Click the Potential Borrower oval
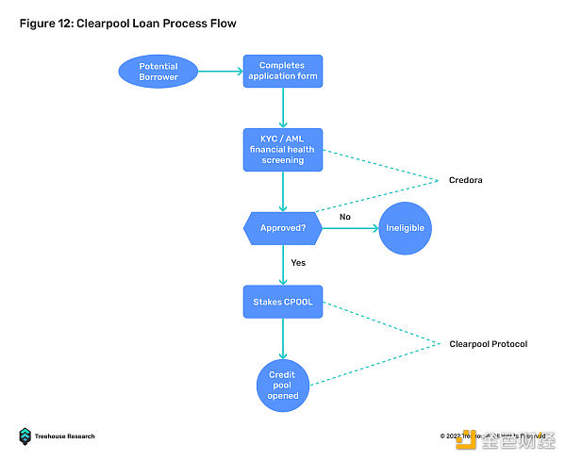click(158, 72)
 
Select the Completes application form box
click(282, 72)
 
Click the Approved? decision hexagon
click(283, 228)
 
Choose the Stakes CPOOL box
click(283, 301)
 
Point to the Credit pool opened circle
click(283, 384)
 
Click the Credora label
click(464, 179)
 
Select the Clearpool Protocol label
click(488, 344)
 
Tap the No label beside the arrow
click(345, 217)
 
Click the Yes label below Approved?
click(298, 264)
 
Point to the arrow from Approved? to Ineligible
click(349, 228)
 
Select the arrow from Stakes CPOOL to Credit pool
click(283, 337)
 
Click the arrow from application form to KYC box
click(283, 108)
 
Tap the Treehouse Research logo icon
click(25, 435)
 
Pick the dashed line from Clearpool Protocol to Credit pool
click(377, 364)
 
